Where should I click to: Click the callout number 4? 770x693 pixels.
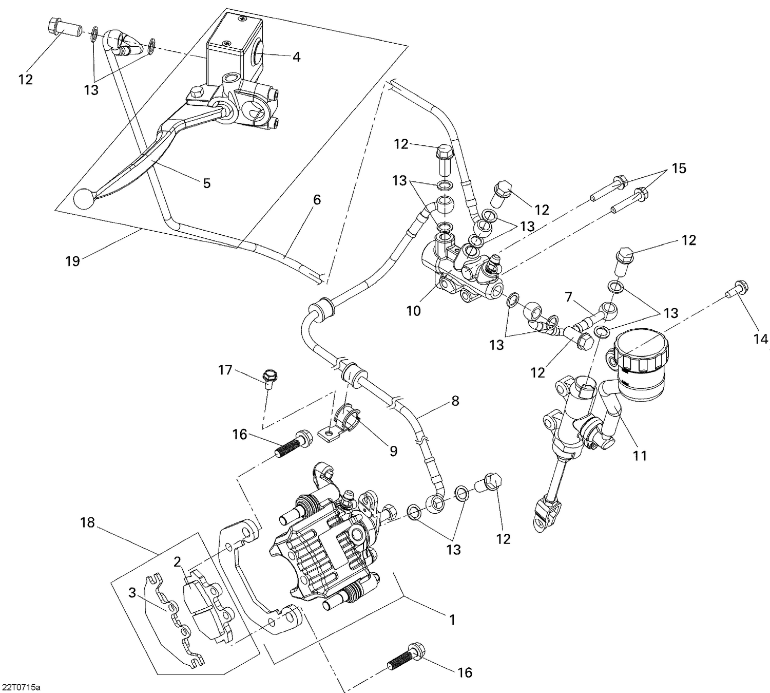(x=296, y=57)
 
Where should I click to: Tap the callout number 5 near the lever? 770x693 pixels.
(x=207, y=183)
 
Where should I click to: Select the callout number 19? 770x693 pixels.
(x=72, y=261)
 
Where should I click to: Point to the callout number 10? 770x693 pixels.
(x=413, y=310)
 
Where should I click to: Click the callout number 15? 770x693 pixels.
(x=679, y=168)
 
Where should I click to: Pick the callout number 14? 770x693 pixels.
(x=761, y=339)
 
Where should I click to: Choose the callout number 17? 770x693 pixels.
(x=225, y=370)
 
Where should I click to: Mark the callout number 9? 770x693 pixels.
(x=393, y=451)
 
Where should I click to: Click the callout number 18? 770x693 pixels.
(x=88, y=522)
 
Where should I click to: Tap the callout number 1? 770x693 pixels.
(x=452, y=620)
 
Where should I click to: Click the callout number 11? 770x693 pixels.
(x=640, y=455)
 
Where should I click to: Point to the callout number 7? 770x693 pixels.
(x=568, y=297)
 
